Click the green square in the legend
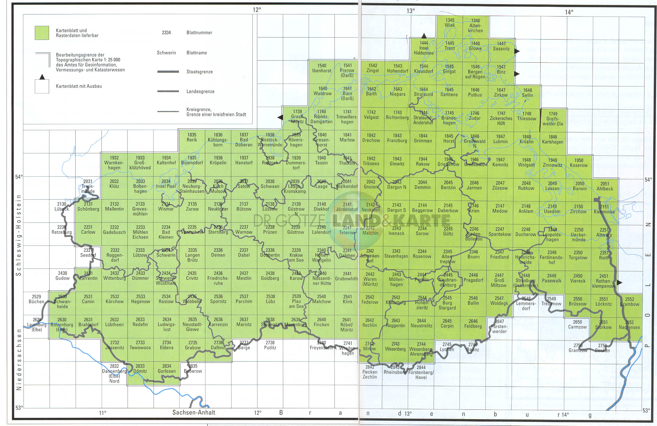coord(42,33)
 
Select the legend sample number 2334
coord(166,33)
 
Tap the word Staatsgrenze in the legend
coord(199,72)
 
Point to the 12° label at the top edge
coord(257,10)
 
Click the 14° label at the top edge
coord(569,12)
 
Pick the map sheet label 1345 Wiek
coord(450,23)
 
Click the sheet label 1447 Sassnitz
coord(501,46)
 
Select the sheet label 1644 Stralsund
coord(423,92)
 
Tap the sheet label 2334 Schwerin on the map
coord(166,253)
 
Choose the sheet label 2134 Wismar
coord(166,207)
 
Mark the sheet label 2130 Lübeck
coord(62,207)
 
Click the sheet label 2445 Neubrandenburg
coord(448,280)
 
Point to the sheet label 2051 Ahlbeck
coord(605,186)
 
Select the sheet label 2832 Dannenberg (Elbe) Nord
coord(114,373)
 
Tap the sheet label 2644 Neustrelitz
coord(421,323)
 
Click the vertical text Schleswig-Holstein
coord(19,235)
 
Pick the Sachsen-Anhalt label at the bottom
coord(194,412)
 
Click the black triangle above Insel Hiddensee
coord(424,36)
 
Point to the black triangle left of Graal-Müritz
coord(280,118)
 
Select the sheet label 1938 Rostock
coord(270,160)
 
